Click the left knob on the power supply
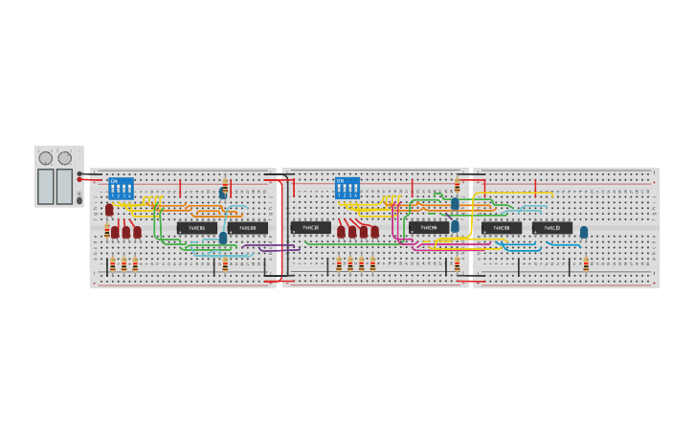click(46, 158)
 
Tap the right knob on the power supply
click(65, 158)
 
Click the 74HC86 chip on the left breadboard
click(196, 228)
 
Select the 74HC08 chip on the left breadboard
click(248, 228)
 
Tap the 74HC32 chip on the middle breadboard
click(310, 228)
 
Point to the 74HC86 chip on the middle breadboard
click(429, 228)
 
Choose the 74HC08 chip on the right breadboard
click(502, 228)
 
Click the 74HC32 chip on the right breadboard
click(552, 228)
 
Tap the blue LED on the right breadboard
click(584, 232)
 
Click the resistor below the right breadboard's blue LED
click(586, 263)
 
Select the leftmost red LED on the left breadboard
click(109, 209)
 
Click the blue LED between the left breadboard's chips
click(223, 238)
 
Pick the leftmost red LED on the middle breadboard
click(341, 231)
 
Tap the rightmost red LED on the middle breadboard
click(374, 231)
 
